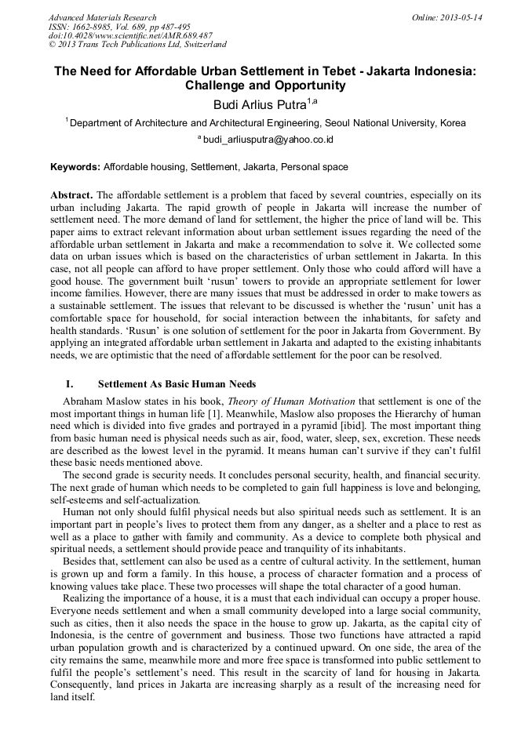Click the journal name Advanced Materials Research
(102, 17)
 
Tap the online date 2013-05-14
(461, 17)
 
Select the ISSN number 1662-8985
(100, 27)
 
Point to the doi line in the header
(130, 35)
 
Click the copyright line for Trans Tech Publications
(137, 45)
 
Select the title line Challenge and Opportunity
(265, 85)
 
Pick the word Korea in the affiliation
(453, 123)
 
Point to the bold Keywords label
(75, 167)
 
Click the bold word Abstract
(72, 194)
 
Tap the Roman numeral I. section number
(69, 384)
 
